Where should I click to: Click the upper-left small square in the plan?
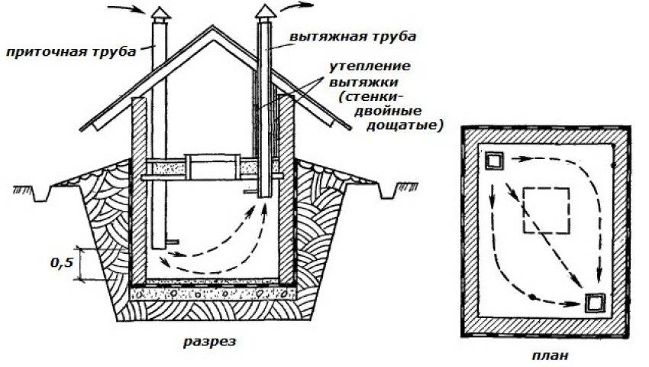point(494,161)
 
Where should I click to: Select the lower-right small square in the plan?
point(595,303)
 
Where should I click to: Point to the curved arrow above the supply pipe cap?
point(125,11)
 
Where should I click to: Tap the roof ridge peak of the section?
point(210,28)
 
